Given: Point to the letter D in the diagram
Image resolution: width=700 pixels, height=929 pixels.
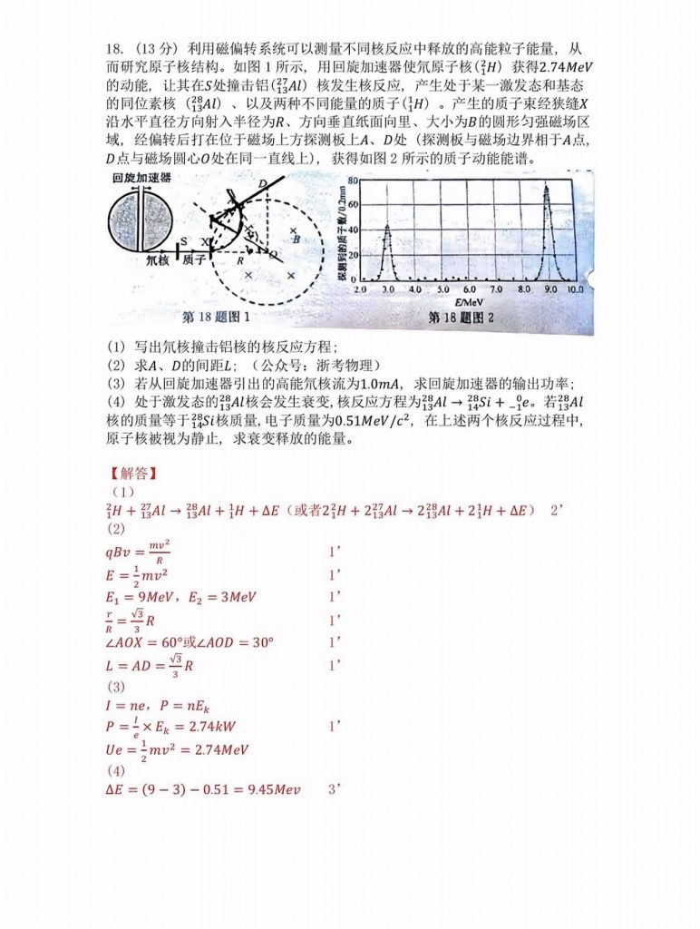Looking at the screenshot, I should (x=262, y=184).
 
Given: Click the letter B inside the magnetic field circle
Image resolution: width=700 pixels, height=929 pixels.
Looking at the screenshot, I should (x=296, y=239).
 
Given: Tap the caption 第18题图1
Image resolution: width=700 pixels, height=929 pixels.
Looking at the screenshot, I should (x=217, y=318).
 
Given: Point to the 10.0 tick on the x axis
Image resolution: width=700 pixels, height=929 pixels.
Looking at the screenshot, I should (x=573, y=288).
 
